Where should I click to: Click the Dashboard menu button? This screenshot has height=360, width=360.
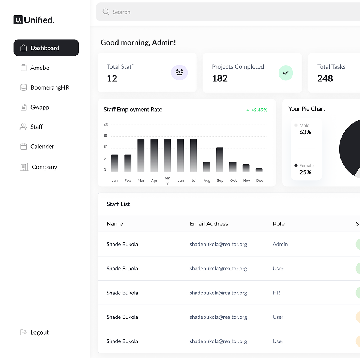(46, 48)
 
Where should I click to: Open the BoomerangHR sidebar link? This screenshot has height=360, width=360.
(49, 87)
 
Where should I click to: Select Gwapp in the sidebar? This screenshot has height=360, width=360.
(39, 107)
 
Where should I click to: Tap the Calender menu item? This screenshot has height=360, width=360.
(42, 147)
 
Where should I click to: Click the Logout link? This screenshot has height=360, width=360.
(39, 332)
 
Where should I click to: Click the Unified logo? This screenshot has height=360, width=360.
(34, 20)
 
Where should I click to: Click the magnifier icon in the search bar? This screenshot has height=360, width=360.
(106, 12)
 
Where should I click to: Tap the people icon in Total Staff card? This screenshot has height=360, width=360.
(179, 73)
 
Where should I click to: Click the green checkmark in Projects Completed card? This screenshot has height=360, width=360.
(286, 73)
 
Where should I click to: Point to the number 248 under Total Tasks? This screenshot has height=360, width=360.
(325, 78)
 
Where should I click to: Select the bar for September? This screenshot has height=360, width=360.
(220, 160)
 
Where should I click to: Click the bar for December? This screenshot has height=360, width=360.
(259, 170)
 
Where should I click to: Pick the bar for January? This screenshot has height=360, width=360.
(114, 163)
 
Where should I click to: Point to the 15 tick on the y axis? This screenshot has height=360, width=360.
(105, 136)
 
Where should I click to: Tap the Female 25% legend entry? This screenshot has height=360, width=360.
(305, 169)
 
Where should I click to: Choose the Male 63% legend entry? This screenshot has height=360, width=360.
(305, 129)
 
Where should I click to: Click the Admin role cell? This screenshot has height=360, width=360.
(280, 244)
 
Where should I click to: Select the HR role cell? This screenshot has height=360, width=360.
(276, 293)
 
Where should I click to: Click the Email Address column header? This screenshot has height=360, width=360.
(209, 224)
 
